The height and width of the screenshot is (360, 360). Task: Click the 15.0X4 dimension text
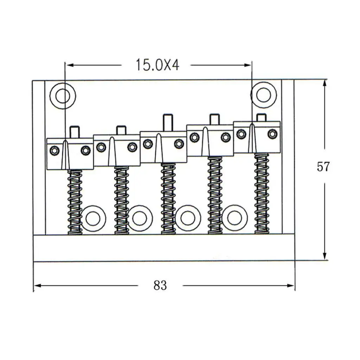coord(157,65)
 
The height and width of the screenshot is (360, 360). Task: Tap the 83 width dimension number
coord(160,285)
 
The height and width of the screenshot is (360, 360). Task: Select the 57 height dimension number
coord(323,167)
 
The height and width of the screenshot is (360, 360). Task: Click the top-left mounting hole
coord(63,96)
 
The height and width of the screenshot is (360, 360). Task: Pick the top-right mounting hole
coord(264,95)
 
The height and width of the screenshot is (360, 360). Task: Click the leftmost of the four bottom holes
coord(94,218)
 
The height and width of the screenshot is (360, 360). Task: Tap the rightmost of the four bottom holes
coord(234,218)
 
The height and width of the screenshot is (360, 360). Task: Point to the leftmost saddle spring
coord(75,202)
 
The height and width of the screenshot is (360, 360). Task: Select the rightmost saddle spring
coord(262,194)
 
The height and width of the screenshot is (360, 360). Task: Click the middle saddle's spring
coord(168,198)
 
